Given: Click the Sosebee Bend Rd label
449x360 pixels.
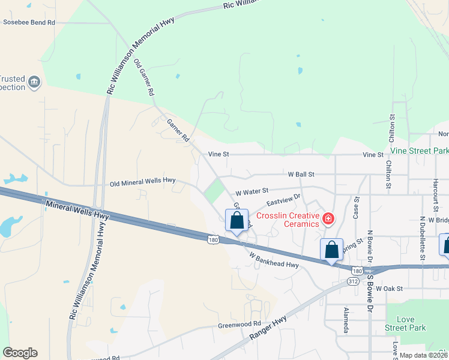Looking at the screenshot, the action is coord(29,22).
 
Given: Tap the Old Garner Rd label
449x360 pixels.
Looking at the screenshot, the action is coord(144,78).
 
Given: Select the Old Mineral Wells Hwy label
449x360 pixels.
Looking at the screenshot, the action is coord(142,181).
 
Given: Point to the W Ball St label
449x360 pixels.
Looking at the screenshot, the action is coord(301,174).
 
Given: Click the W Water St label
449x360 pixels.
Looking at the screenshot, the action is coord(252,193).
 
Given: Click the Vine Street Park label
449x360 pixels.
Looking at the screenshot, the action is coord(420,151).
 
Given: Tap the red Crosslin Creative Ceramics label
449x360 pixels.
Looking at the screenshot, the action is coord(288,220).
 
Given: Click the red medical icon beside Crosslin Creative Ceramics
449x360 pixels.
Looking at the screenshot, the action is coord(328,218).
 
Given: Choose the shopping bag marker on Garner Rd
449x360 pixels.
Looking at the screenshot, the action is coord(237,220).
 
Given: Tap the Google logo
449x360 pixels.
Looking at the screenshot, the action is coord(20,353).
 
